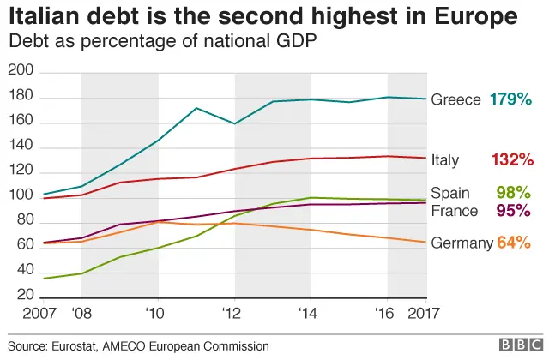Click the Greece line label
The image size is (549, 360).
[455, 99]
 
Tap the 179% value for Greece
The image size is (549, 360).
[511, 99]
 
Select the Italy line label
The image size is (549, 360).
[444, 159]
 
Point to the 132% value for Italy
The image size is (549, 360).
[513, 159]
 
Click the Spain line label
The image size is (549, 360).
[450, 194]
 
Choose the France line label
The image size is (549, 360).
[454, 211]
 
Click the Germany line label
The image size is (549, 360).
[462, 243]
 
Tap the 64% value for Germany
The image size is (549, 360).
[514, 243]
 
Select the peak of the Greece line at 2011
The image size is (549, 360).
[196, 108]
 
